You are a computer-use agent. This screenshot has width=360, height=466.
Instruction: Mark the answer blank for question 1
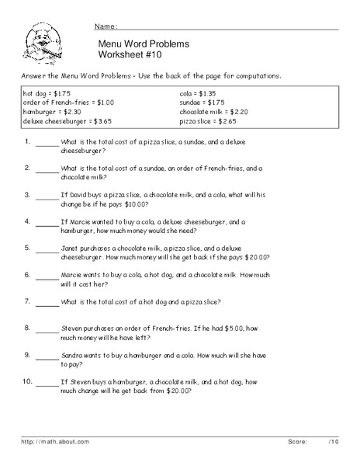coord(47,144)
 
